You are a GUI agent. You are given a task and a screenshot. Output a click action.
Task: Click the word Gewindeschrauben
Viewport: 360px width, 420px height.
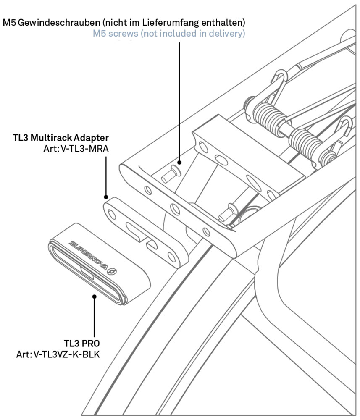60,23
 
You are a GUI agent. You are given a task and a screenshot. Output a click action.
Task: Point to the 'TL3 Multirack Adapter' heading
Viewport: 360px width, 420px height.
61,138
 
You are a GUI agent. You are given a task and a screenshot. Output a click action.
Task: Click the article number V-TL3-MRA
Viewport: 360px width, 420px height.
85,148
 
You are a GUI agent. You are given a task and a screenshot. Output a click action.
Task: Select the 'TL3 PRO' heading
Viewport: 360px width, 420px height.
81,343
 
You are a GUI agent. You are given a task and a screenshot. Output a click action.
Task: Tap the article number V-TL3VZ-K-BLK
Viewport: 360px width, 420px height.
66,354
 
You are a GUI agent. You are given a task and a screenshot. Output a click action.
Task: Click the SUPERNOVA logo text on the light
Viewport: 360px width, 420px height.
88,255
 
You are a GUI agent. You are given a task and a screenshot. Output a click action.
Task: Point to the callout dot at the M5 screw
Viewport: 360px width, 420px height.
179,162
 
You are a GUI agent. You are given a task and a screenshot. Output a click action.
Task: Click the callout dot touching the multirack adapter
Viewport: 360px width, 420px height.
106,197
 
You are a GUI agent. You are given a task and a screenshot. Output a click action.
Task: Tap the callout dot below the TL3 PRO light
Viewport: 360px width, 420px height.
94,296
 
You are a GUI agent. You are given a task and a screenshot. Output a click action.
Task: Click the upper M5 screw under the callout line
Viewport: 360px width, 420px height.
171,174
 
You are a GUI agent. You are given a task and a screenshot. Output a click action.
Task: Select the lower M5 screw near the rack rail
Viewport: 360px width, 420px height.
228,213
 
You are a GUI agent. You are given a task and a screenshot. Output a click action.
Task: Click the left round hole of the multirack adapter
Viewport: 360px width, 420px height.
112,214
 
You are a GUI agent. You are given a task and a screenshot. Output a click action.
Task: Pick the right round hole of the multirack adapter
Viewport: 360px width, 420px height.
171,257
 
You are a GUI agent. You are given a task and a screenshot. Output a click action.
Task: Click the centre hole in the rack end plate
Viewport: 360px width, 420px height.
175,209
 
